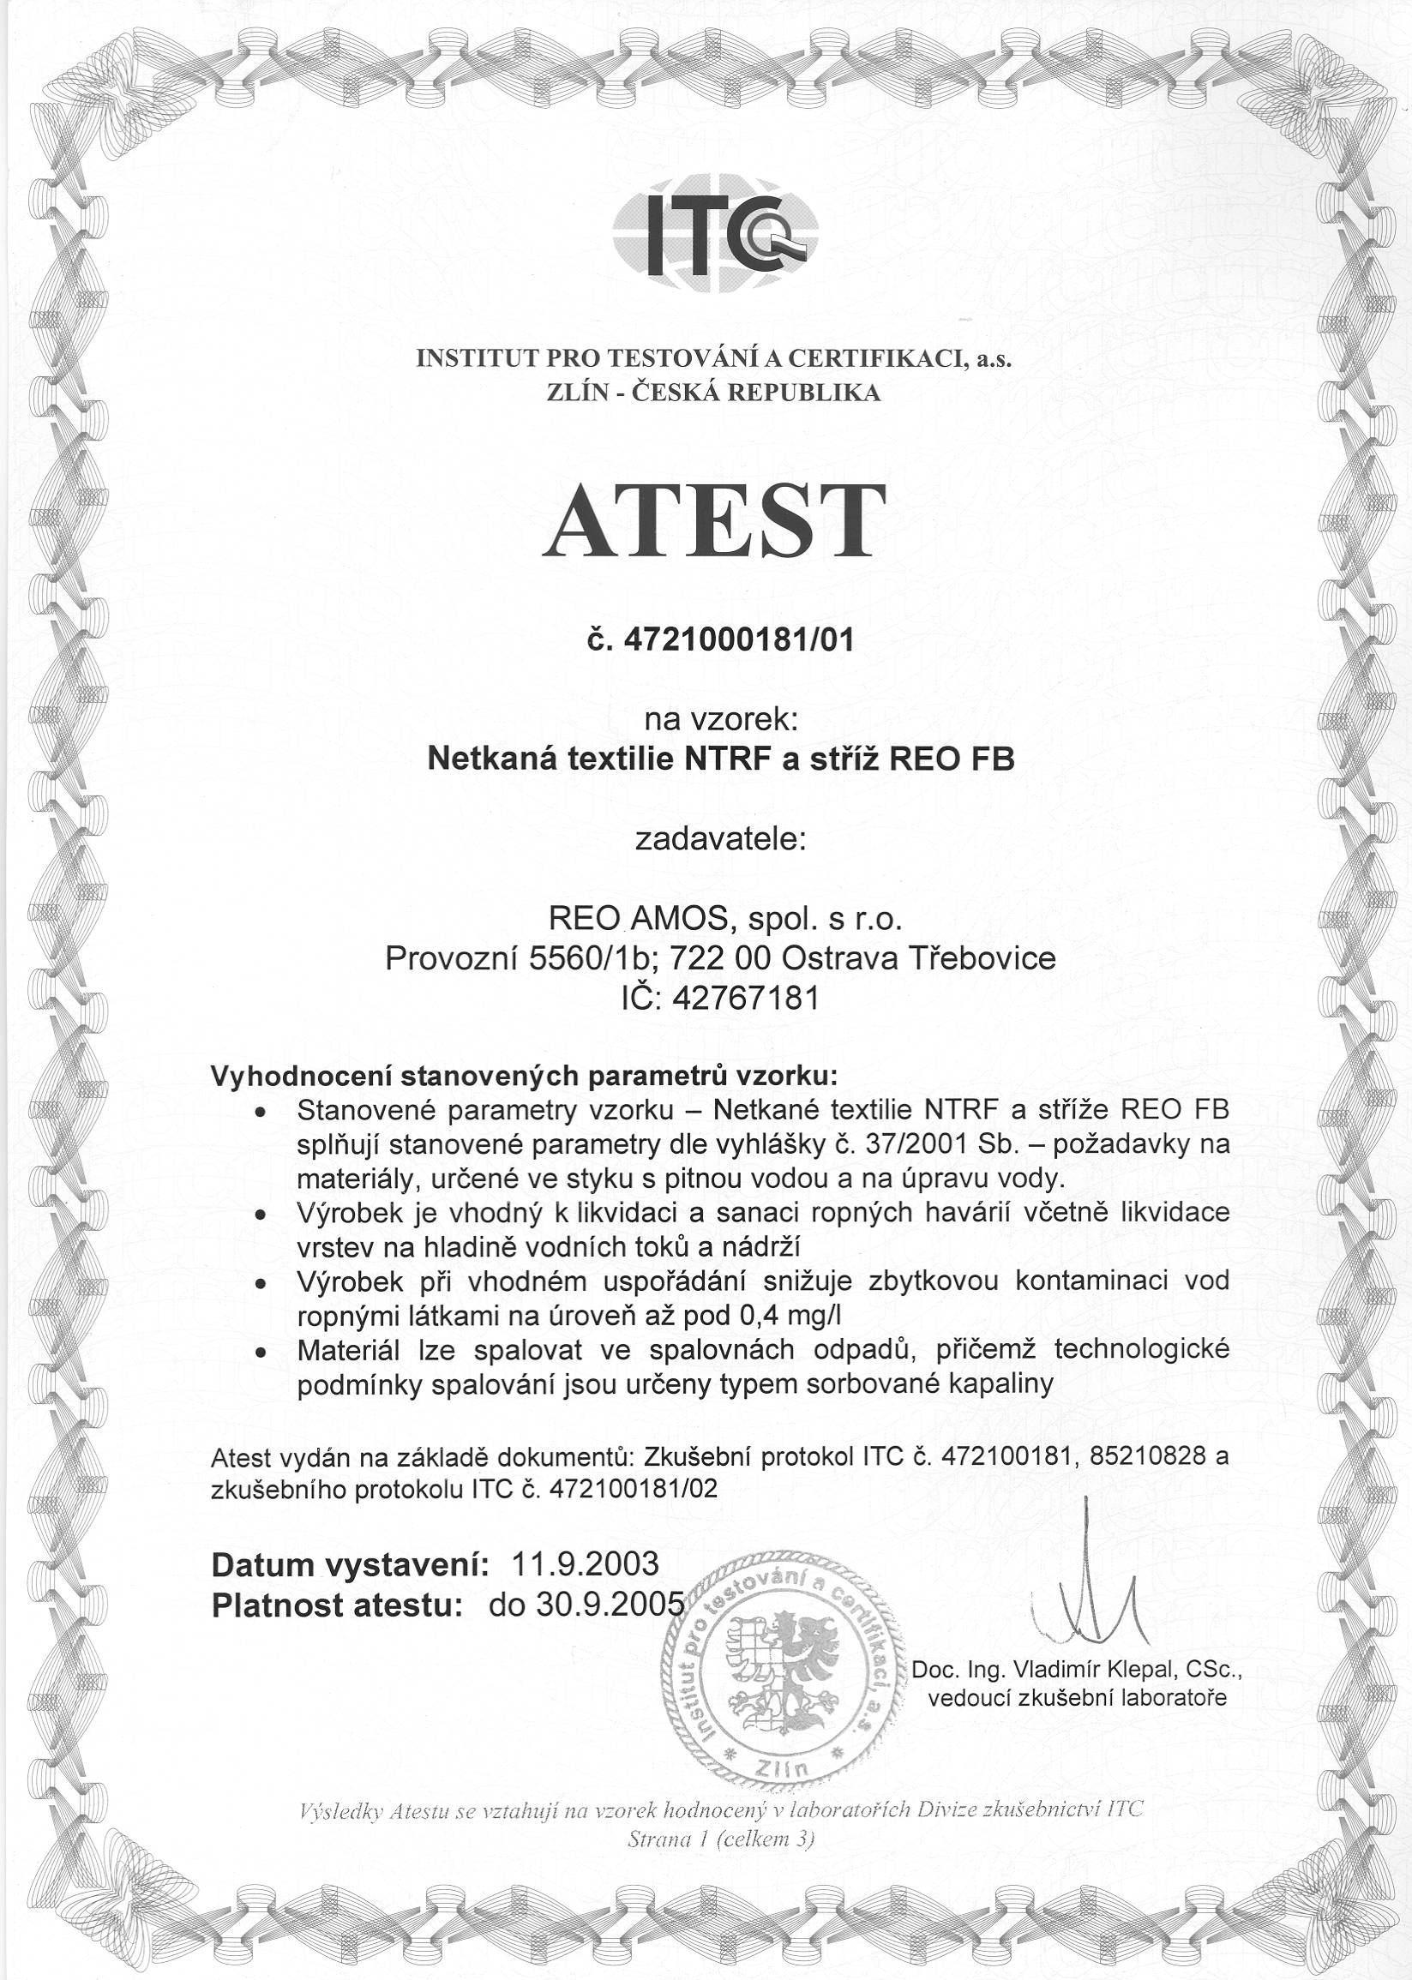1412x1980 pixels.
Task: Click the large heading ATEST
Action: [714, 521]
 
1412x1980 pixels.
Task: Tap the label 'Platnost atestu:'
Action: [335, 1605]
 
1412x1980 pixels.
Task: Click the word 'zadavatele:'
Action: [721, 840]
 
